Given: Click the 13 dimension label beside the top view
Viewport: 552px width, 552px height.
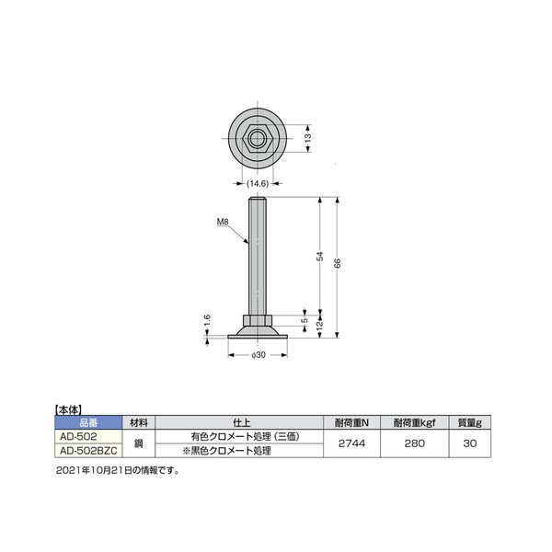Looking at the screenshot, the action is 307,138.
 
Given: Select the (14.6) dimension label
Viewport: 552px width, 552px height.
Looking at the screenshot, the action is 258,183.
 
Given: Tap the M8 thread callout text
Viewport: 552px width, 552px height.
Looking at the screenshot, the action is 223,222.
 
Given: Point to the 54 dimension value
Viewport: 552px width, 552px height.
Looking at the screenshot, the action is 319,256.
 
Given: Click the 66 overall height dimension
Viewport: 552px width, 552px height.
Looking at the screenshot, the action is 337,263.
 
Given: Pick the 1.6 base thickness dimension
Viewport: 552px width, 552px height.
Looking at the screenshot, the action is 207,321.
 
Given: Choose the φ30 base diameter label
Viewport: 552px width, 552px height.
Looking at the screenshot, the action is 258,355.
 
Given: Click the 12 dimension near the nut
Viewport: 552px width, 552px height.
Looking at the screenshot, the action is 319,325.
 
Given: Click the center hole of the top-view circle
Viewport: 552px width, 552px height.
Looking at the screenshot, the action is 258,138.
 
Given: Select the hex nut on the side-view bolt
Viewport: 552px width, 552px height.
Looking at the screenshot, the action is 258,320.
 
